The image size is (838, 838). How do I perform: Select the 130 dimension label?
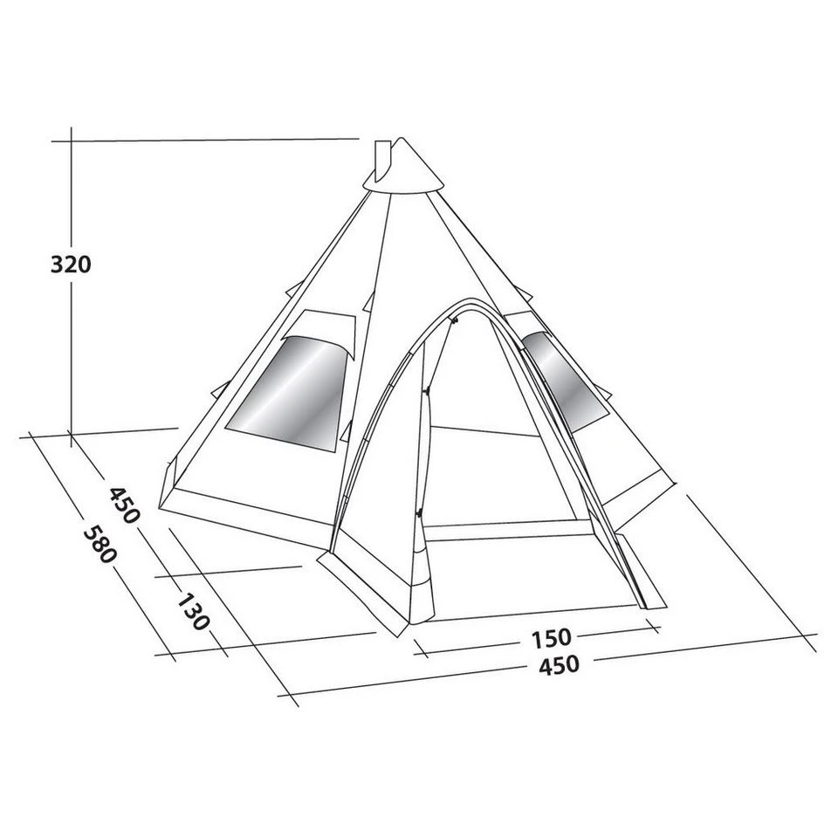194,612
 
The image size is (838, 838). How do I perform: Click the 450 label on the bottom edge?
558,665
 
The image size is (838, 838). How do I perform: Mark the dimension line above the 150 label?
532,624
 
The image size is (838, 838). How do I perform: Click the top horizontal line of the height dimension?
209,140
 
